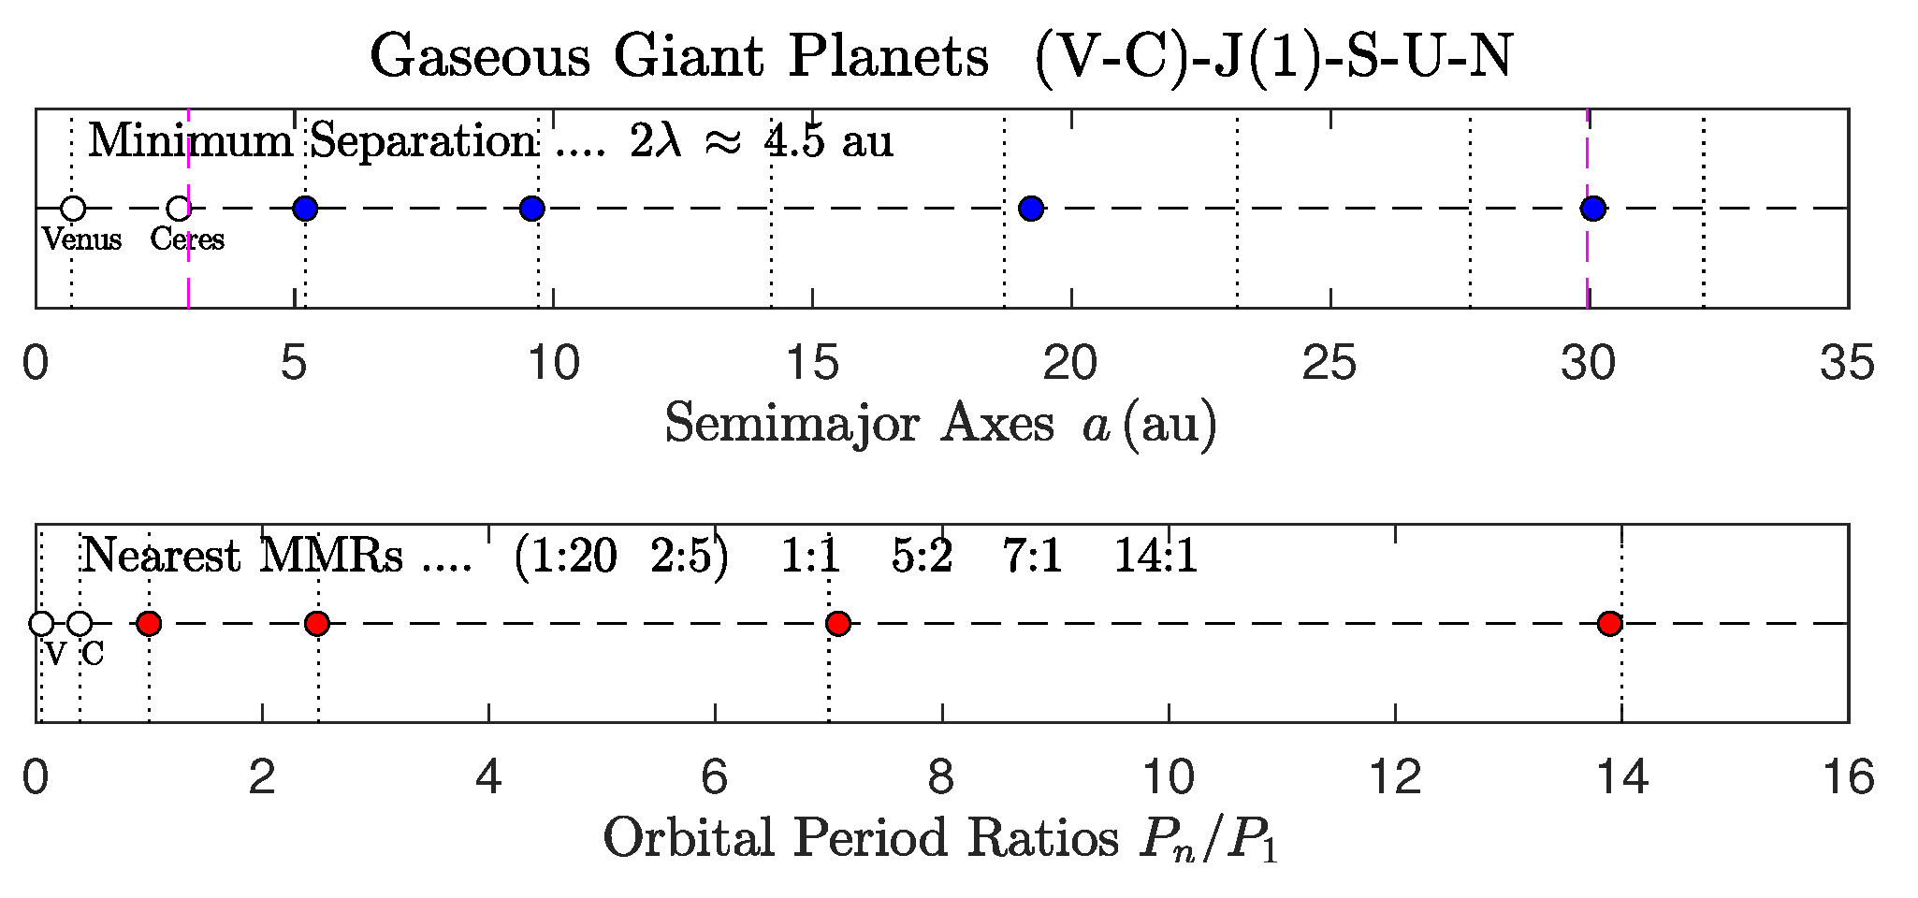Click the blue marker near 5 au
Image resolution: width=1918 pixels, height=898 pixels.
(x=305, y=208)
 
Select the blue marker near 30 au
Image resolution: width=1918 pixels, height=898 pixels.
(x=1593, y=208)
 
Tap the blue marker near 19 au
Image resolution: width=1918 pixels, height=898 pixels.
(x=1031, y=208)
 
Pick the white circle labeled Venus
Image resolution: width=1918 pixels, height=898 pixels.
(x=73, y=208)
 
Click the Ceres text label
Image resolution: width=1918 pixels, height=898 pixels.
(x=187, y=239)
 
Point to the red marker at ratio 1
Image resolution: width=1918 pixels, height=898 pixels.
(x=149, y=623)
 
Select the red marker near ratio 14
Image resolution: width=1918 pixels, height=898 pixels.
(x=1609, y=623)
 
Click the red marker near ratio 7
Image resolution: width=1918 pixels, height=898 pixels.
(x=838, y=623)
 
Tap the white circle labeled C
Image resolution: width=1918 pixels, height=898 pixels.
(x=80, y=623)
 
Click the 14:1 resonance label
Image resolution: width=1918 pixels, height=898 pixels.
(x=1155, y=557)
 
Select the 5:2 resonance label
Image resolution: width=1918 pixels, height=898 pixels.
(x=922, y=557)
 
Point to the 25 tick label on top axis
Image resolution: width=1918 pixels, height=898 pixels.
(x=1330, y=363)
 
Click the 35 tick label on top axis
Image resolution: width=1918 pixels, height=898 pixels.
(x=1847, y=363)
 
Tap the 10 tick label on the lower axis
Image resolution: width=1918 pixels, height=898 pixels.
(x=1169, y=778)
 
